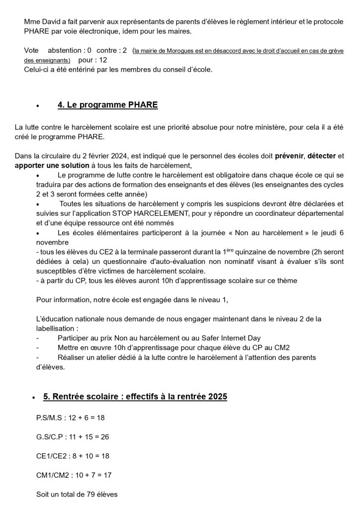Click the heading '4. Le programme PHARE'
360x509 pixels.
[107, 105]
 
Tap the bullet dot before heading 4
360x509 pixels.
[38, 106]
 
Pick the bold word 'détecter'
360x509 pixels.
[322, 156]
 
